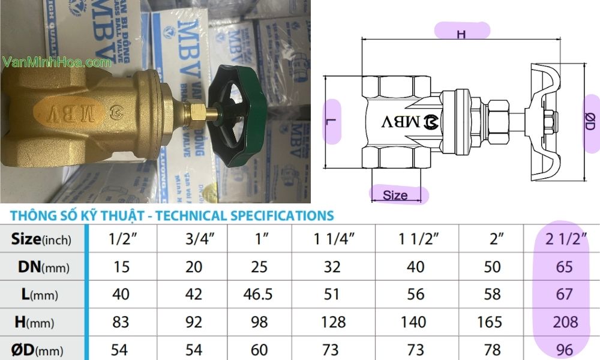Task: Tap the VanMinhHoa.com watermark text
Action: point(56,62)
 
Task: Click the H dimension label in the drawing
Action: point(461,34)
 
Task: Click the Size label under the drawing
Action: point(395,195)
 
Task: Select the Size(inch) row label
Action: point(41,240)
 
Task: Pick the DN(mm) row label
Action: point(41,267)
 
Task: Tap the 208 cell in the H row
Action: point(565,322)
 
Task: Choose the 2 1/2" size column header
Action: point(565,239)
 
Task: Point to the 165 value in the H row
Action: point(490,322)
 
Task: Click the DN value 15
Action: point(122,267)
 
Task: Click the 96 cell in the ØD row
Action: point(565,349)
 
